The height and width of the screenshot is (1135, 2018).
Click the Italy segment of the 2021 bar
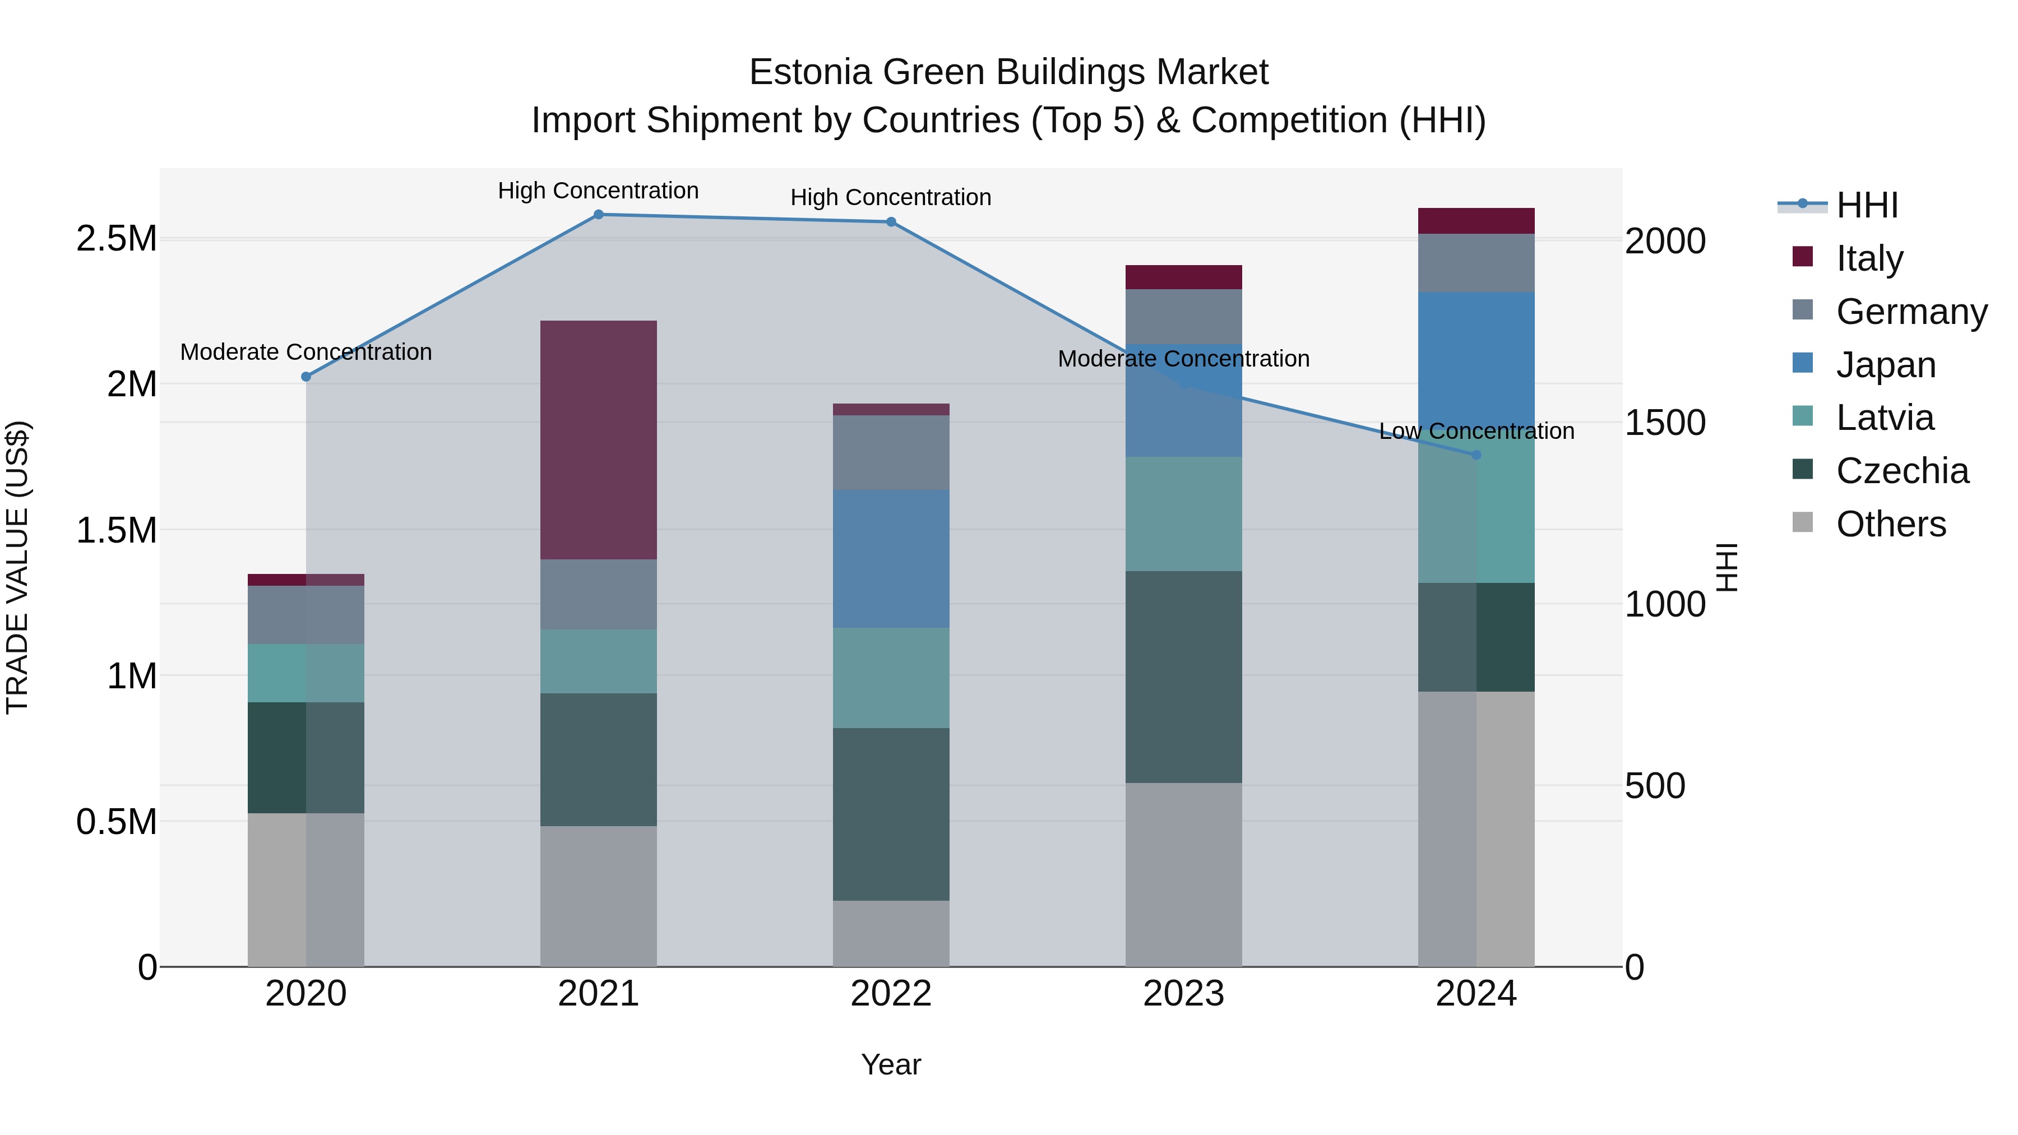click(x=599, y=439)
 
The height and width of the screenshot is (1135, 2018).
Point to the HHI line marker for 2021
click(x=599, y=215)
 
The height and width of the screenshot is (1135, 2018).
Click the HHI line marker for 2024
click(x=1476, y=455)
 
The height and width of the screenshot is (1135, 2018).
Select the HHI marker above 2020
click(x=306, y=377)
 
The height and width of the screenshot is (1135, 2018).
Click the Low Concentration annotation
click(x=1476, y=431)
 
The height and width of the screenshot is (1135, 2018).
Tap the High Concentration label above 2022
click(x=891, y=197)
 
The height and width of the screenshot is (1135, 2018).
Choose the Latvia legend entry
click(x=1884, y=418)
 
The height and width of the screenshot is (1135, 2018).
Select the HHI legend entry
click(x=1866, y=205)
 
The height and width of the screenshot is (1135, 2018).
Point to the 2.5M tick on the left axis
click(x=117, y=238)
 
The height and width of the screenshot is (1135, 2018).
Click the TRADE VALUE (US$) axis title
click(x=17, y=567)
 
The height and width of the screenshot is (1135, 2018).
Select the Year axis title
click(x=891, y=1064)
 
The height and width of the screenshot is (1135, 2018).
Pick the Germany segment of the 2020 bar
click(x=306, y=615)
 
